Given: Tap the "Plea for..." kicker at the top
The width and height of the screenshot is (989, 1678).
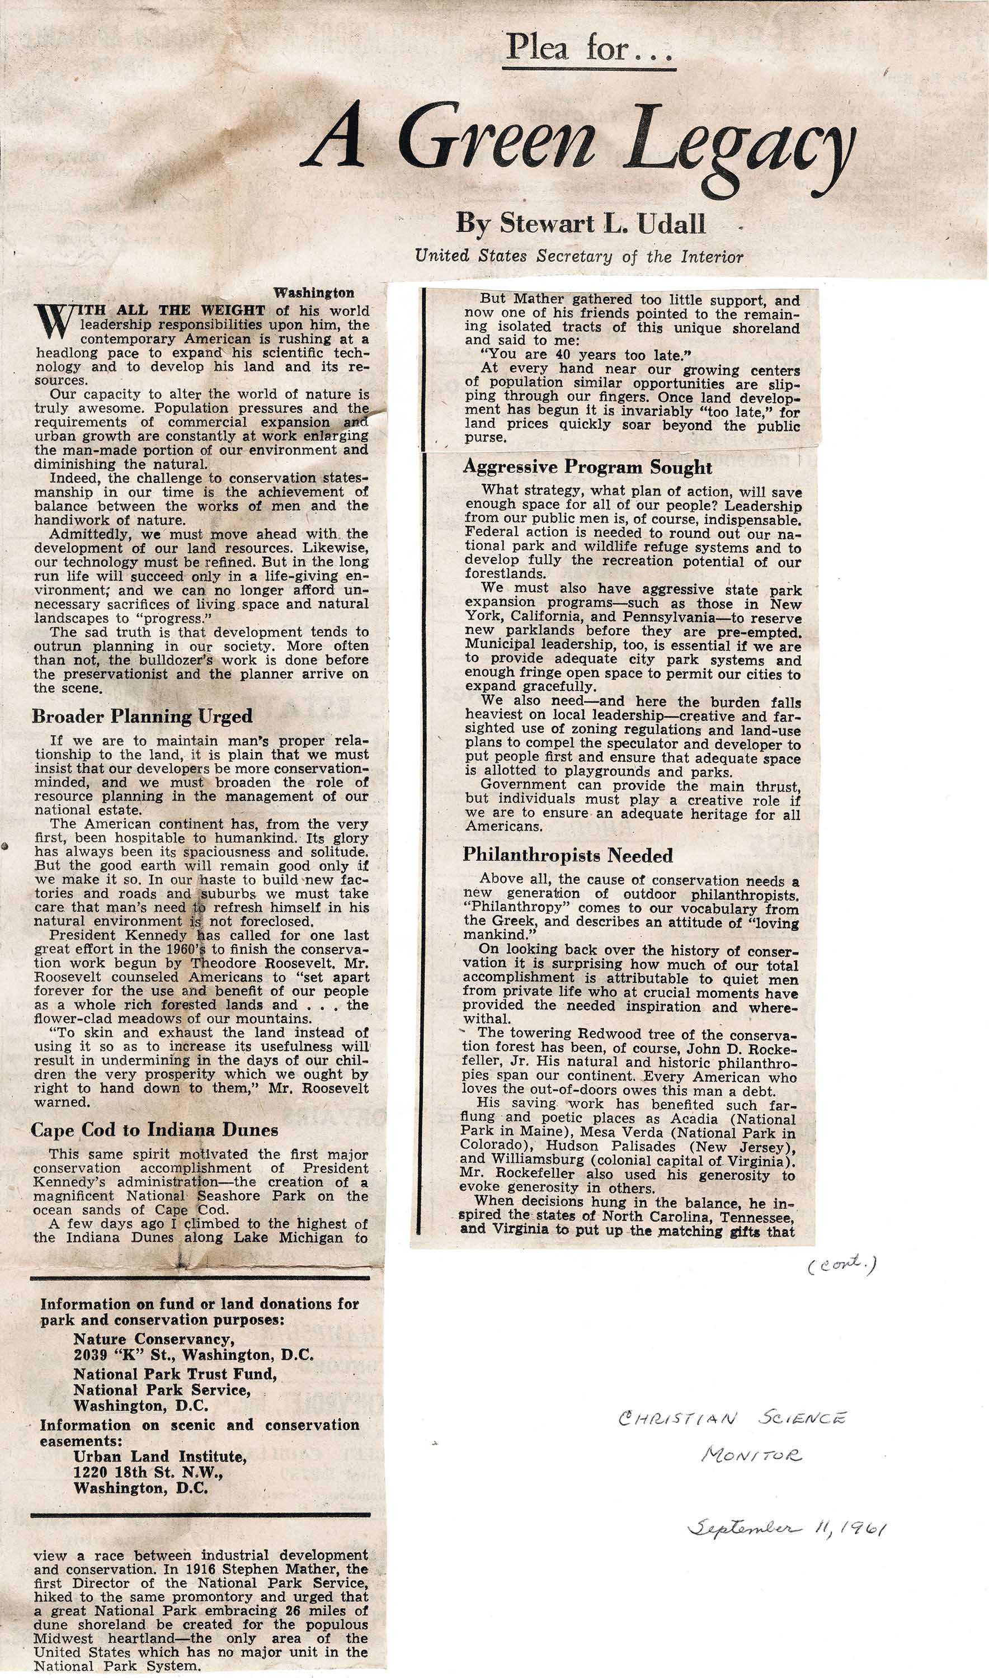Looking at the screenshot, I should coord(589,48).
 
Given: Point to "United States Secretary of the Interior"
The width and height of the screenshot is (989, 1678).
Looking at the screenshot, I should coord(578,257).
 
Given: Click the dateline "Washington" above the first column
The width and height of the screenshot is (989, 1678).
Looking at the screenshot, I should coord(314,293).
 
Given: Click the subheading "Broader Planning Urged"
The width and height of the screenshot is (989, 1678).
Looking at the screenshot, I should coord(142,717).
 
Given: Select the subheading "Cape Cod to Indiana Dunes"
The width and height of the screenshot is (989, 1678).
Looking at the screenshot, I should coord(154,1129).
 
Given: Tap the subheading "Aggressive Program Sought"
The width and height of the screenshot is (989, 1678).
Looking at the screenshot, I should coord(587,467).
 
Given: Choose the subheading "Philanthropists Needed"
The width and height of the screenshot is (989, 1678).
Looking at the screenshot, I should coord(568,856).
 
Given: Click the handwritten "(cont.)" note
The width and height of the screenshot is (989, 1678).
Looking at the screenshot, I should coord(841,1264).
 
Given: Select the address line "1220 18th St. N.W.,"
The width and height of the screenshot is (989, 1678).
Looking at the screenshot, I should coord(148,1472).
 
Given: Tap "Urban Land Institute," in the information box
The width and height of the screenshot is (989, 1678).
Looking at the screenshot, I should coord(160,1457).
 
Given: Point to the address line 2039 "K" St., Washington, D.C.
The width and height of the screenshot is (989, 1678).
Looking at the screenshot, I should coord(193,1354).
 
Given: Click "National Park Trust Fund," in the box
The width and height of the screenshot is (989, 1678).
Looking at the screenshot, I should coord(175,1374).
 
